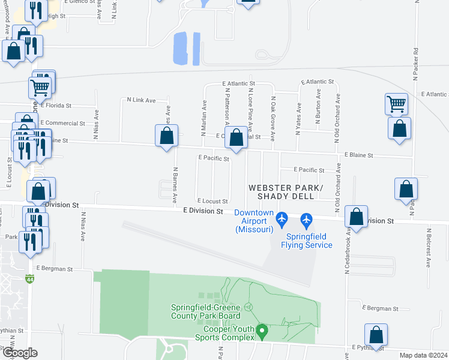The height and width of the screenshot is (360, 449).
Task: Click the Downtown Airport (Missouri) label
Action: point(254,221)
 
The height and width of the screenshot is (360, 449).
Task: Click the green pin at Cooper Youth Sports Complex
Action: point(261,330)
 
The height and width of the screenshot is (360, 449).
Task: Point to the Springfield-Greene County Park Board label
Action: point(206,311)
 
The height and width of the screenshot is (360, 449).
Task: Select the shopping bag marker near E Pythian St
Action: point(376,335)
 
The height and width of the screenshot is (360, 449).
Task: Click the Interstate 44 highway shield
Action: point(30,279)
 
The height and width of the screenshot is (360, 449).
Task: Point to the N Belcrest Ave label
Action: point(429,247)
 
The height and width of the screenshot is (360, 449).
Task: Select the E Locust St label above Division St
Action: point(212,201)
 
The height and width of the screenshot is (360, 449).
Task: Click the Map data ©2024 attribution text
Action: point(423,355)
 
